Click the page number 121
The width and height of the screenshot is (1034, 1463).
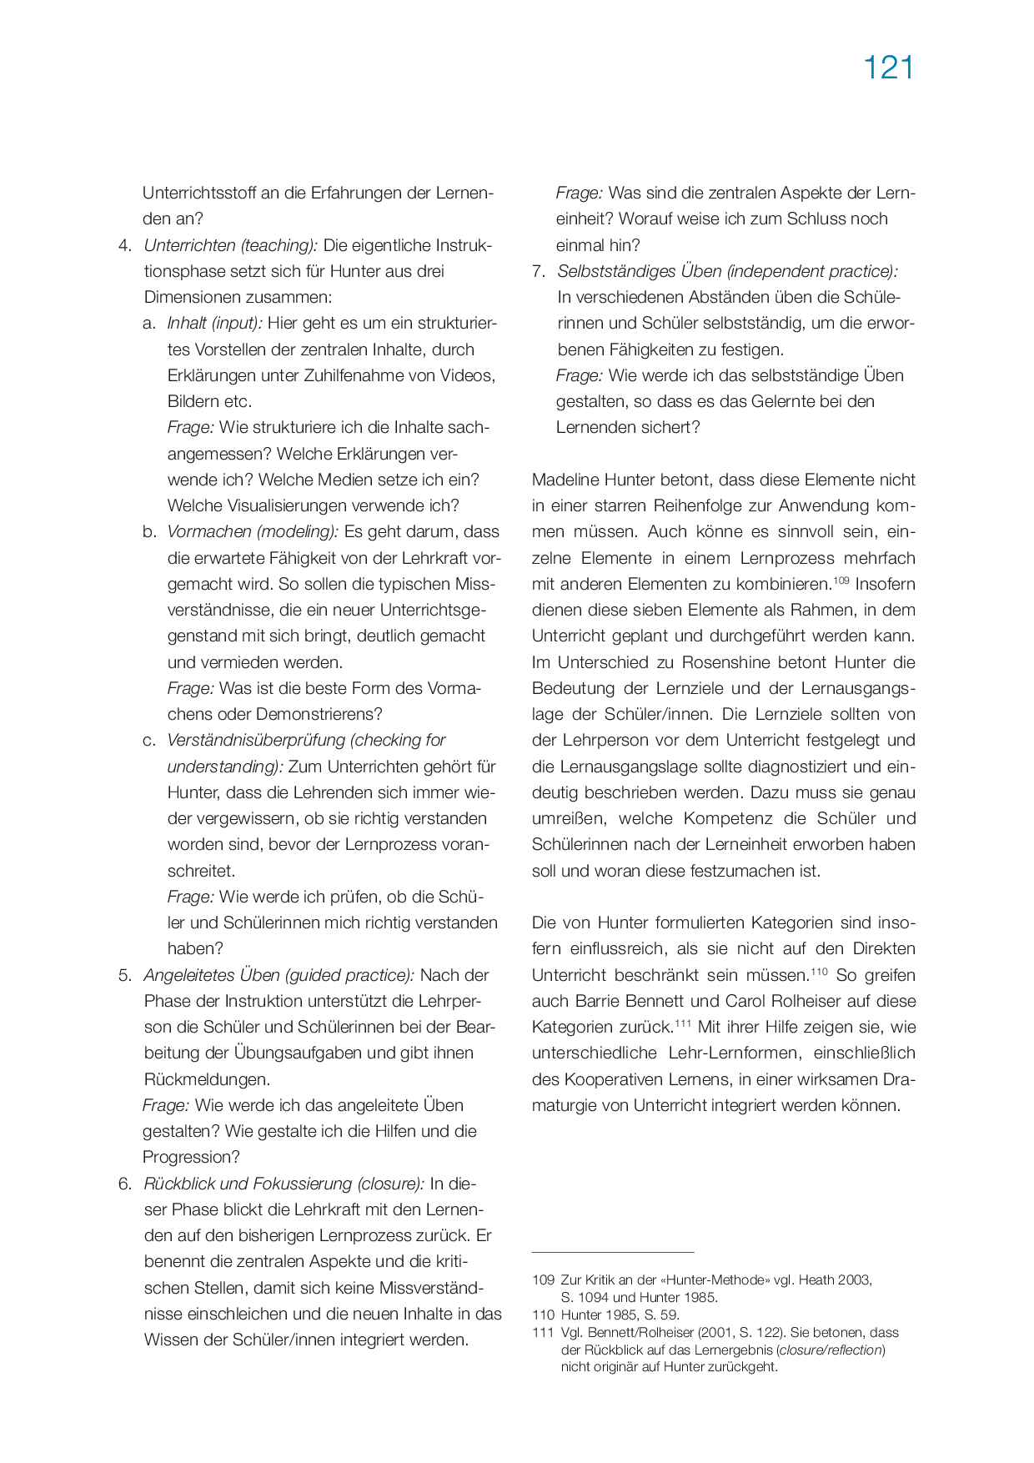[x=888, y=68]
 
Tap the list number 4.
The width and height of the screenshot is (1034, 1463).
[x=125, y=245]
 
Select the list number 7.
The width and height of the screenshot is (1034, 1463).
[x=539, y=271]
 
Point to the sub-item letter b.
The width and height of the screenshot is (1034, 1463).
[x=149, y=532]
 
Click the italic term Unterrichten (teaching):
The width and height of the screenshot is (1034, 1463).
[x=231, y=245]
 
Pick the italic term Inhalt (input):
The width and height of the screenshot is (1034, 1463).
[x=214, y=324]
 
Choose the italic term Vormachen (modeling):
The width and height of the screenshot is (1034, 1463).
[x=253, y=532]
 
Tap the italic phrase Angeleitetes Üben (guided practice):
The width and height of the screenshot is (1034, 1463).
[x=279, y=975]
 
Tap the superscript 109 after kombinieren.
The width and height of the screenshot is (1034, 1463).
[x=841, y=580]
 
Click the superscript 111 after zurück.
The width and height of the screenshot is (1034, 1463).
[x=684, y=1023]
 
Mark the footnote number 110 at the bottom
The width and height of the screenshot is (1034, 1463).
[x=543, y=1315]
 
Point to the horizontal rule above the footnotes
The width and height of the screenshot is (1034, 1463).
[x=613, y=1252]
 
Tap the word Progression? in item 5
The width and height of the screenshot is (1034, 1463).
[x=191, y=1158]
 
